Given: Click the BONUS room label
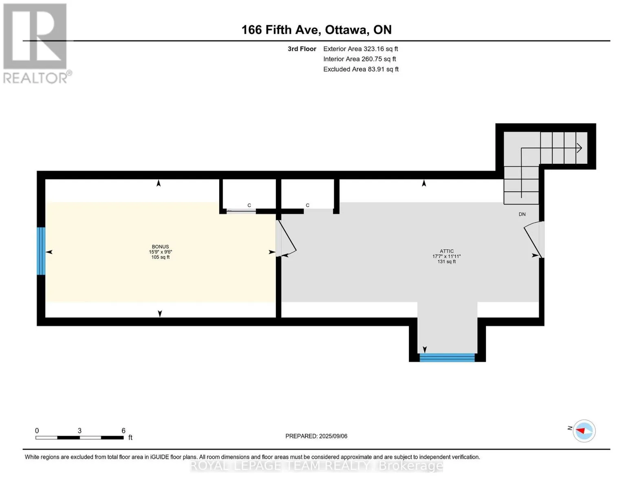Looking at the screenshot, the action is click(160, 247).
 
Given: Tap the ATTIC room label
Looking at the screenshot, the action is click(447, 251).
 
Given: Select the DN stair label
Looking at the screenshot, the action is click(522, 214).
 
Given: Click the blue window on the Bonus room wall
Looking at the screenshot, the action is click(41, 251).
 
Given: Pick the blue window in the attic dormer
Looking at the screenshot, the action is click(447, 357).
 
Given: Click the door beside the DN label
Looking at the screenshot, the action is click(533, 240).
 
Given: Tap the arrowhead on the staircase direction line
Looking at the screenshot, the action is click(579, 148).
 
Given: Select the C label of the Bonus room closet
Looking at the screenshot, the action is click(249, 205).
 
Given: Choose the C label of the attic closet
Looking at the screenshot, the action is click(307, 205).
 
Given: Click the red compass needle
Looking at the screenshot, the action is click(580, 431).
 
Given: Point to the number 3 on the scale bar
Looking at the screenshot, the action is click(79, 430).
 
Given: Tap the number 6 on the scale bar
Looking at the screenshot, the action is click(124, 430).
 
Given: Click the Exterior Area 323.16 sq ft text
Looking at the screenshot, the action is click(360, 49).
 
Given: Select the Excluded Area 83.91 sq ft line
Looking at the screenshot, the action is click(361, 69).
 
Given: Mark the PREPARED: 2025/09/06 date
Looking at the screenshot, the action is click(316, 436).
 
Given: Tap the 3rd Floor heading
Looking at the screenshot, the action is click(302, 49).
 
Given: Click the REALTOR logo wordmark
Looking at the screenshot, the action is click(35, 78).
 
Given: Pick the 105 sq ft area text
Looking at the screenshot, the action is click(160, 257).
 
